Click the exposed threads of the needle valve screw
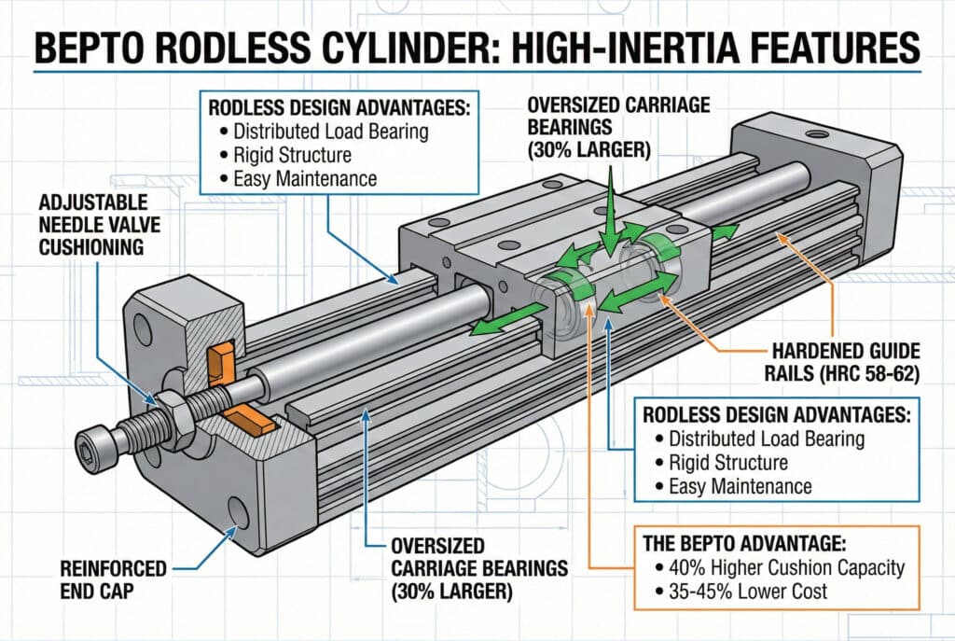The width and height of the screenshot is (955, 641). pyautogui.click(x=141, y=425)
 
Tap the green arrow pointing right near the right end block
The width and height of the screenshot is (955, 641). pyautogui.click(x=727, y=230)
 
